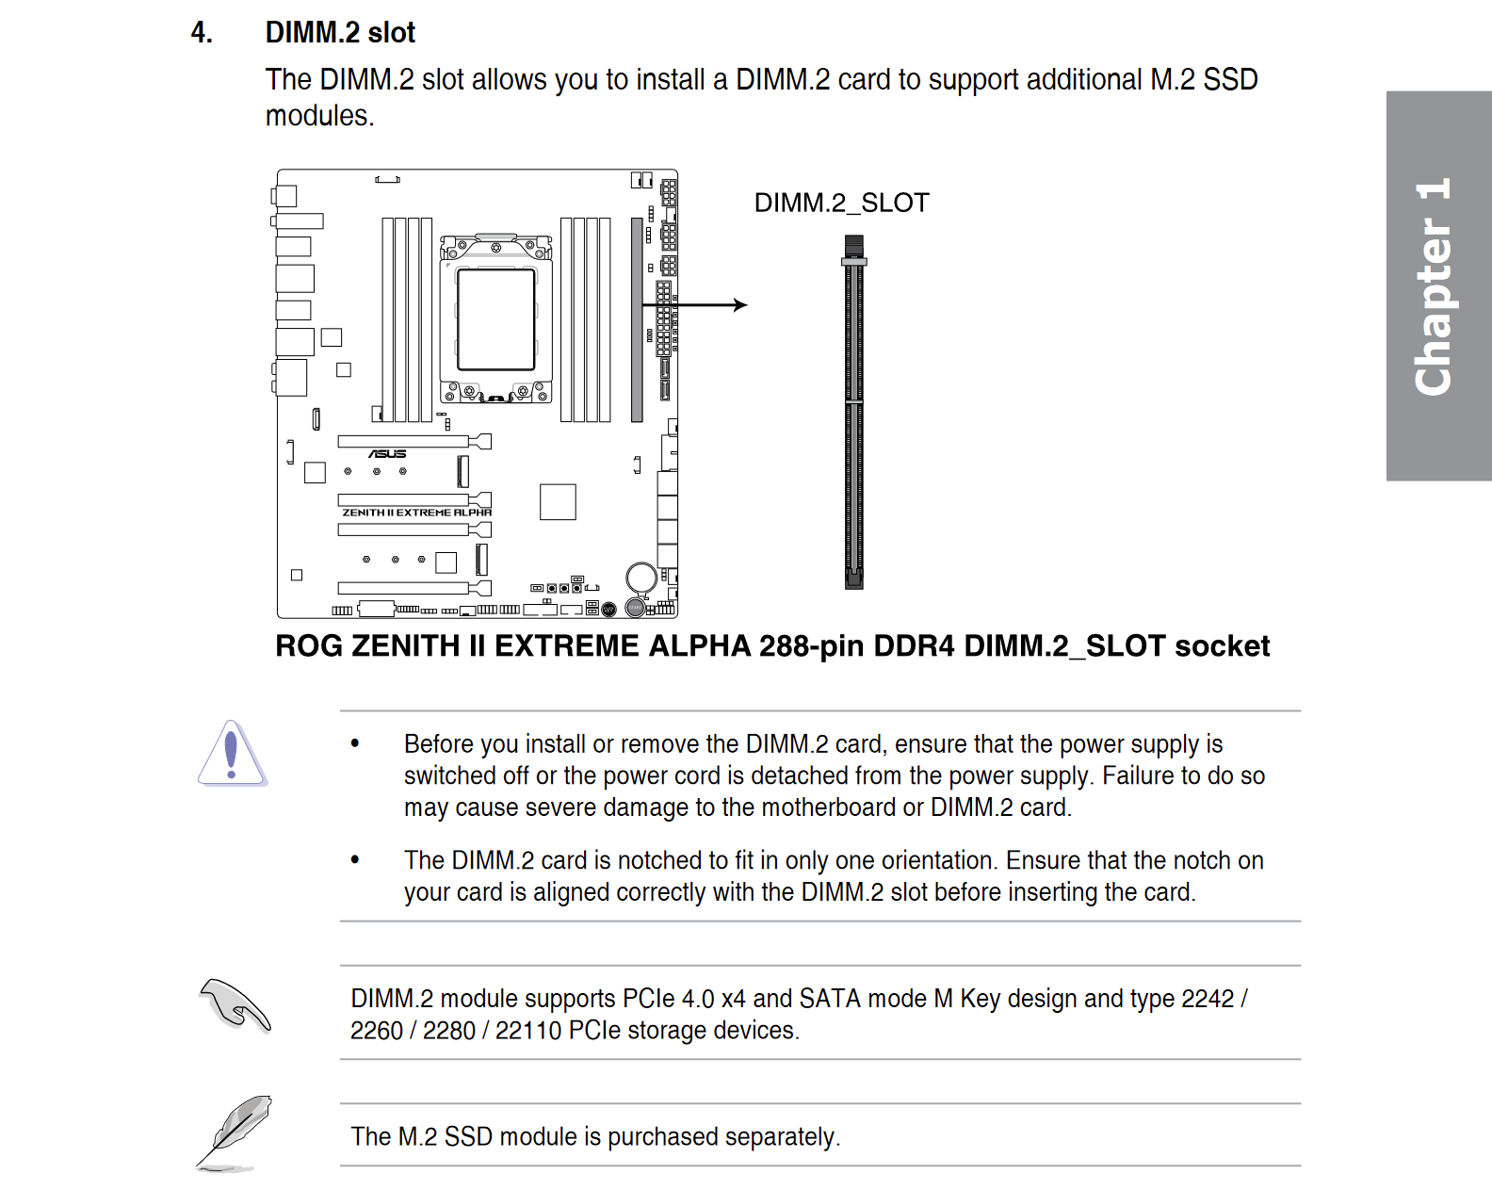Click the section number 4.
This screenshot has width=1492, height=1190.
[x=201, y=33]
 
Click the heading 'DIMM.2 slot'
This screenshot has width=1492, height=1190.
[x=340, y=33]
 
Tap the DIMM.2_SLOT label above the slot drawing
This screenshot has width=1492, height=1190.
[x=841, y=203]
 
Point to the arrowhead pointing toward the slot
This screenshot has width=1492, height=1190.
[x=740, y=305]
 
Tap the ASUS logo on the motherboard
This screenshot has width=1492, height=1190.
[x=387, y=454]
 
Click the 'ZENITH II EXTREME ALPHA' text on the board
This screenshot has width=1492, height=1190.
[x=416, y=513]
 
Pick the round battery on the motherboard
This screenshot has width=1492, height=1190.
[x=641, y=577]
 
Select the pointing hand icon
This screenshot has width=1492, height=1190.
[x=235, y=1005]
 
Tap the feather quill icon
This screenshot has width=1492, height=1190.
[x=235, y=1133]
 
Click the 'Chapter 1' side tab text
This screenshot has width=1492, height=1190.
[x=1434, y=286]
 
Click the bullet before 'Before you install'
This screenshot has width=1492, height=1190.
[x=355, y=743]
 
